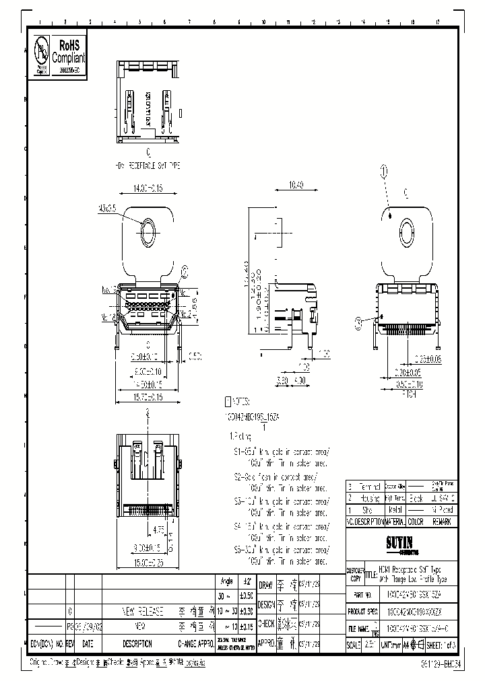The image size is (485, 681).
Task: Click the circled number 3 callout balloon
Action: [358, 322]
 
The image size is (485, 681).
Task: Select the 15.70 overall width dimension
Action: [146, 398]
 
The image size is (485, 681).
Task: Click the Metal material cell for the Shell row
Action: [395, 510]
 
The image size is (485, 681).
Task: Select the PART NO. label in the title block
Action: [364, 596]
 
